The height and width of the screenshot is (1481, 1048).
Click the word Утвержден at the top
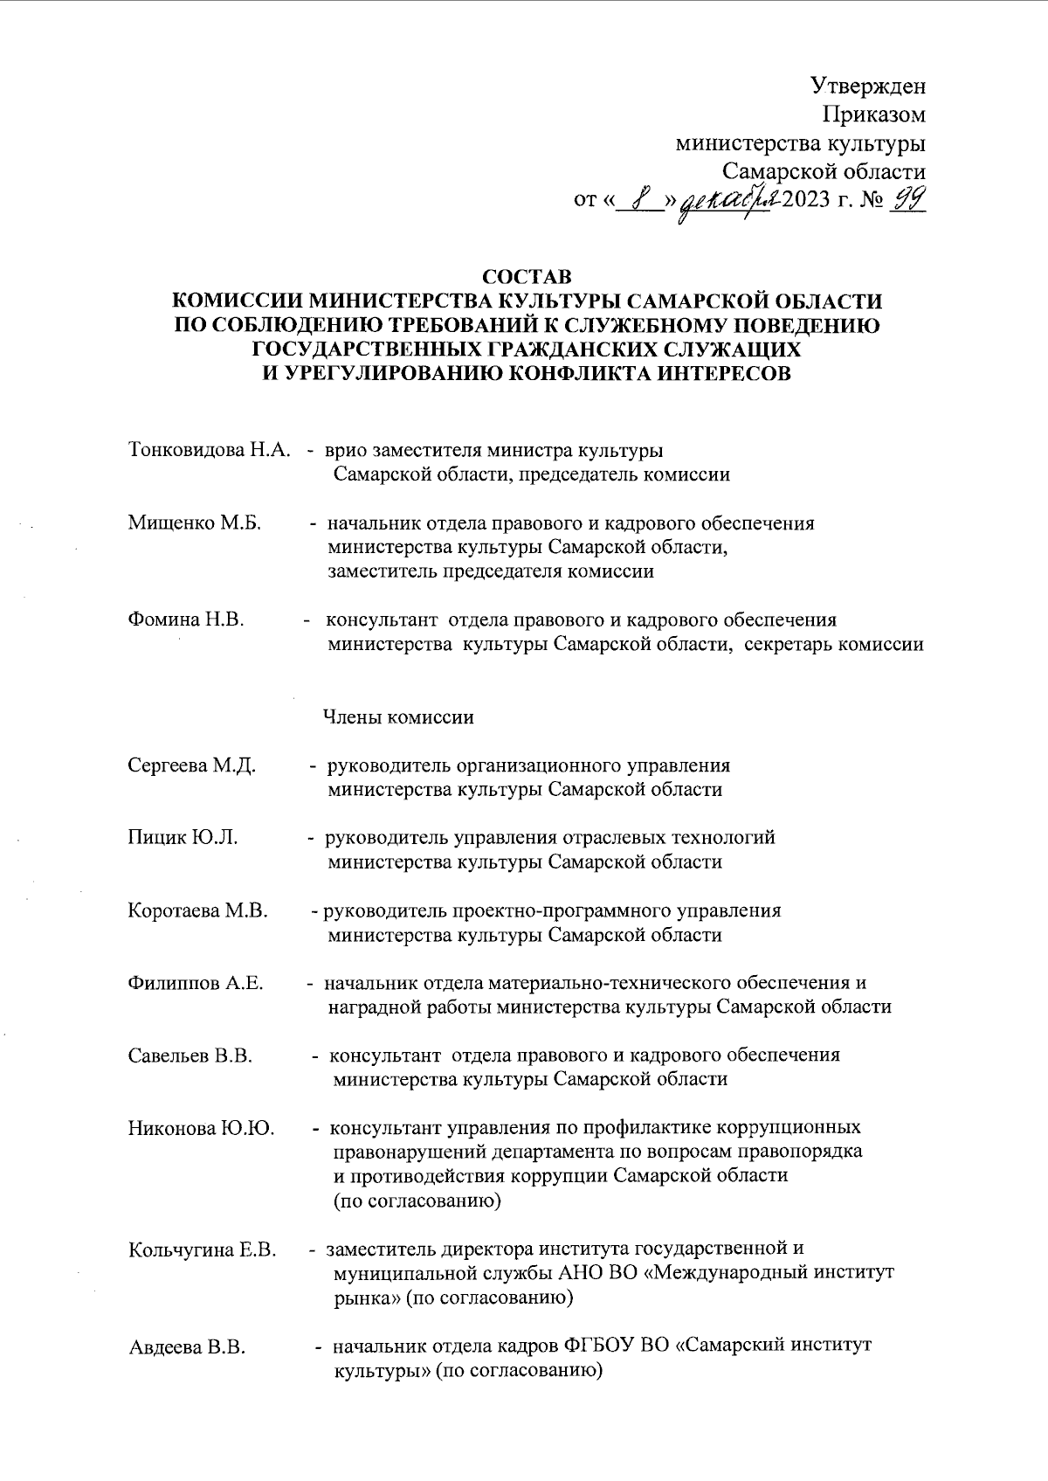tap(868, 86)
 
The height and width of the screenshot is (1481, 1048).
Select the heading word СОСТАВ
tap(527, 277)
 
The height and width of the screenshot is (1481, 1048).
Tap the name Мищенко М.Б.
tap(195, 523)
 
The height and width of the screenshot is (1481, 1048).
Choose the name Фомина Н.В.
tap(186, 619)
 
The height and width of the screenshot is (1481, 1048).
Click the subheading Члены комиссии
tap(398, 717)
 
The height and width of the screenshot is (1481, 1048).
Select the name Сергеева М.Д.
tap(192, 765)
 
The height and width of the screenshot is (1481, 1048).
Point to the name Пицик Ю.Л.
tap(183, 837)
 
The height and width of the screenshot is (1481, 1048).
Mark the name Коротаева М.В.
tap(198, 910)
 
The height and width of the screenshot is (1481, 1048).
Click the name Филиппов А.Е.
tap(196, 983)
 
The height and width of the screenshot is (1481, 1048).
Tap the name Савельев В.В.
tap(190, 1055)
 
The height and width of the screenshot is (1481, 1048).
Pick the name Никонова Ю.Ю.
tap(202, 1128)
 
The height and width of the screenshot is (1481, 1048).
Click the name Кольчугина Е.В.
tap(203, 1249)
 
